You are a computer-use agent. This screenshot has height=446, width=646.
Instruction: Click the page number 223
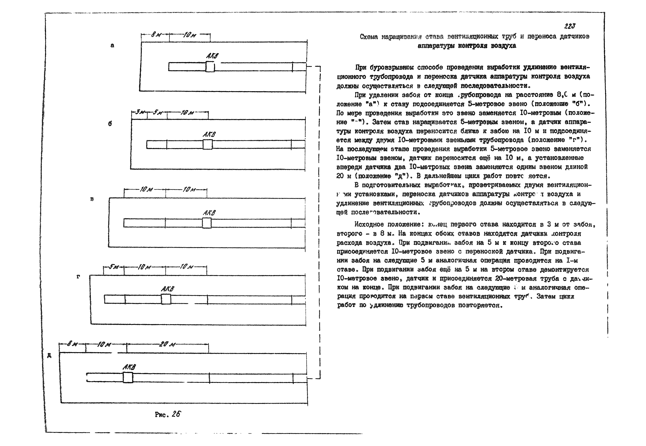[569, 26]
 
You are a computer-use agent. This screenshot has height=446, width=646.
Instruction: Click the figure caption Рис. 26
[168, 414]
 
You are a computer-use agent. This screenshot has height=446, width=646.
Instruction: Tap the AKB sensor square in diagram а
[210, 67]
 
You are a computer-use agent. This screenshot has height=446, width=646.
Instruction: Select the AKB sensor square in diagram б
[207, 144]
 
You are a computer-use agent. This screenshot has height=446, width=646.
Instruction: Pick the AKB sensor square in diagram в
[207, 223]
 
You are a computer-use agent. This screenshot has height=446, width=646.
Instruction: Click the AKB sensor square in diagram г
[166, 299]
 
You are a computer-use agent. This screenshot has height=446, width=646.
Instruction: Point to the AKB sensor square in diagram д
[128, 377]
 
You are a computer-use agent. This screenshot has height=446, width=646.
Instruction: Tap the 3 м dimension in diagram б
[139, 112]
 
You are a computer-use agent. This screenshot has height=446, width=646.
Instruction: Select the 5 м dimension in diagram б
[157, 112]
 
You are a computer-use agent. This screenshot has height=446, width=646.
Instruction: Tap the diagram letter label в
[92, 199]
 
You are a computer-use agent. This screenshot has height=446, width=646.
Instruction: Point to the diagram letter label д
[49, 356]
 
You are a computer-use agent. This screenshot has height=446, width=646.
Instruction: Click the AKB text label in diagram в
[209, 213]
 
